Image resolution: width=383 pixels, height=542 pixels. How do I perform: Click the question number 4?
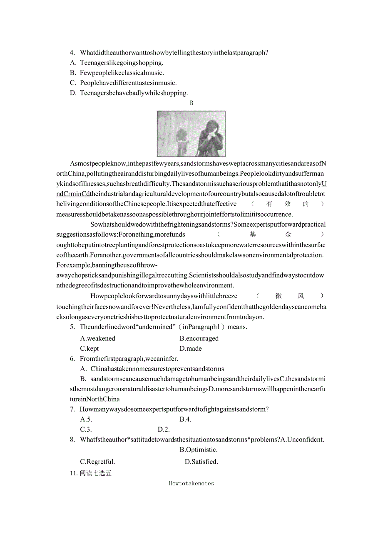coord(72,52)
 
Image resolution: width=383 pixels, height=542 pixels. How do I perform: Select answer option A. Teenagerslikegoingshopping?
coord(117,63)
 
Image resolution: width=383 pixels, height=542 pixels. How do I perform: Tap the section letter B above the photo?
coord(191,103)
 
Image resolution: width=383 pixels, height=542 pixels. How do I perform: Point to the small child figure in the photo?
coord(182,140)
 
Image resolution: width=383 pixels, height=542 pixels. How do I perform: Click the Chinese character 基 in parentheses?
coord(253,235)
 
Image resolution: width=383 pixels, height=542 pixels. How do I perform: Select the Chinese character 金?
coord(288,235)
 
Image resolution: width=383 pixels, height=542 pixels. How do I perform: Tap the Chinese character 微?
coord(279,296)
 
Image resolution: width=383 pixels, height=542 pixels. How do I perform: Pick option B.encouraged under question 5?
coord(199,338)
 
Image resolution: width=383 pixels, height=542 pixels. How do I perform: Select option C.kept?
coord(90,348)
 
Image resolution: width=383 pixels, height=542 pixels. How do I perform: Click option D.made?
coord(191,348)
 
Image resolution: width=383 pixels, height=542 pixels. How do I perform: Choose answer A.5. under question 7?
coord(86,419)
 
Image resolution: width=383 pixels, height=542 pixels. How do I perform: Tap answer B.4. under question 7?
coord(185,419)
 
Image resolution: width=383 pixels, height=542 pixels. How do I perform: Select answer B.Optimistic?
coord(199,450)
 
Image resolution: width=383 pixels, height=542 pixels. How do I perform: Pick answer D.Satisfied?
coord(201,462)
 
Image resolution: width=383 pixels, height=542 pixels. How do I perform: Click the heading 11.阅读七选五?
coord(91,473)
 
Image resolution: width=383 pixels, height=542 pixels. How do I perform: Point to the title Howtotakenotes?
coord(191,483)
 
